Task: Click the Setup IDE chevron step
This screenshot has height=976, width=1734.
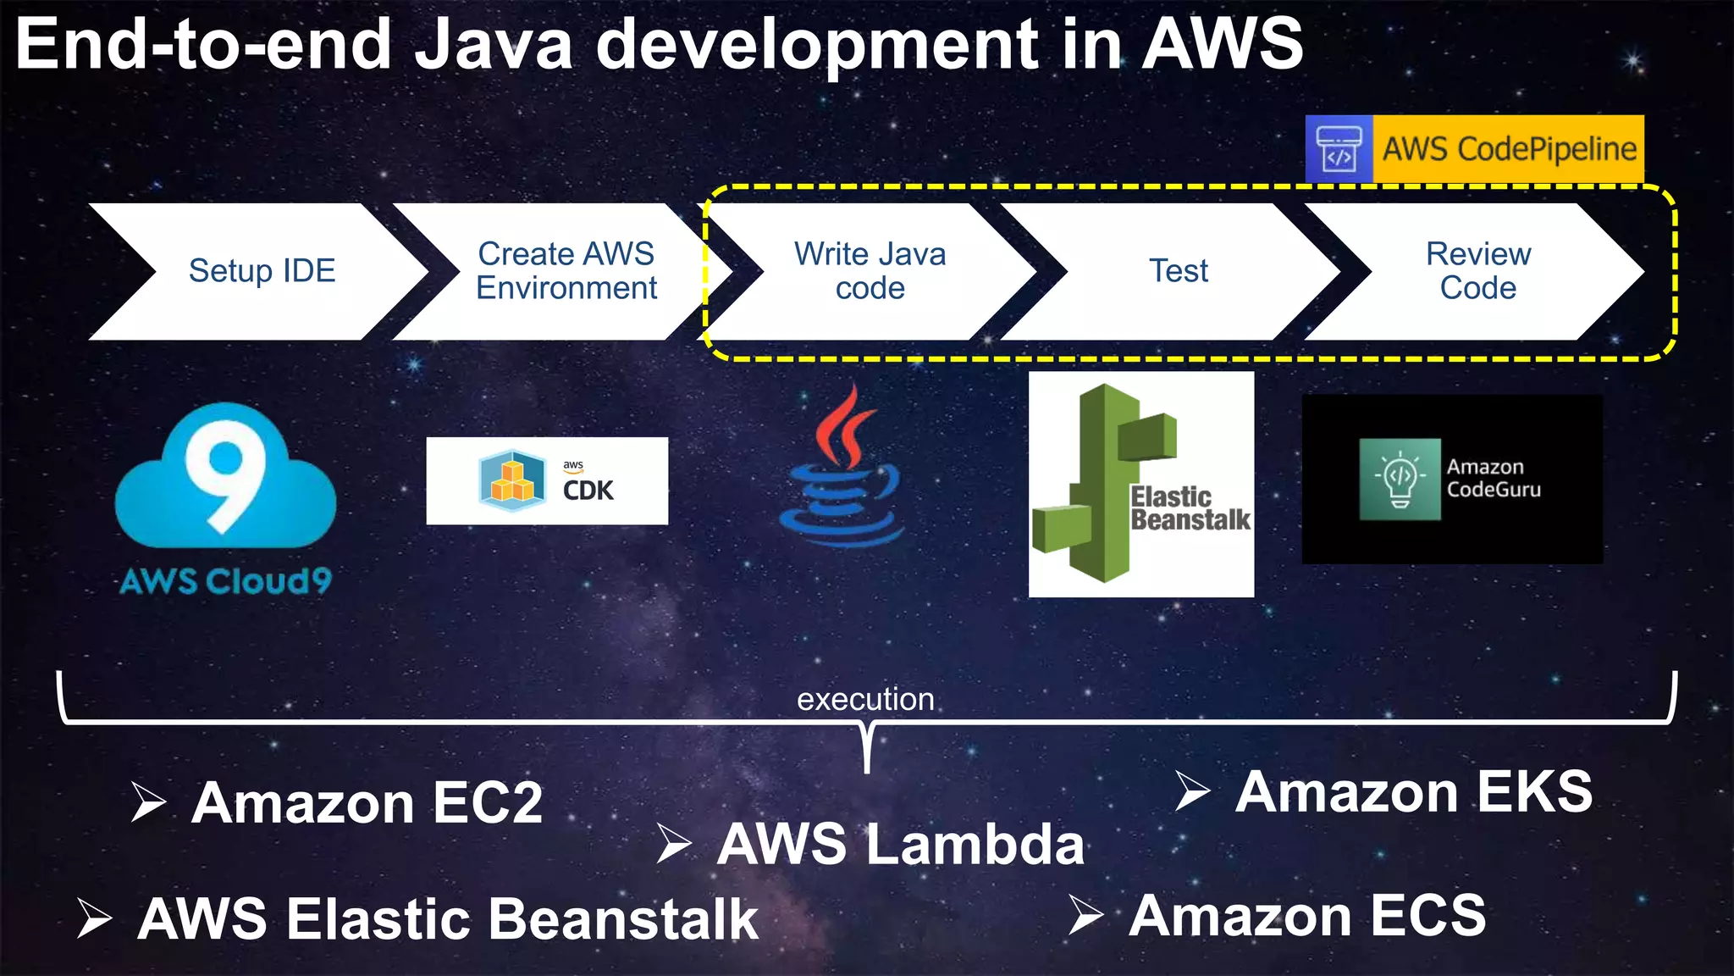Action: pos(262,271)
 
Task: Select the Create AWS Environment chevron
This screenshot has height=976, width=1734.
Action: pos(566,271)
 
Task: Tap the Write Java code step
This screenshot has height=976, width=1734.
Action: pos(870,271)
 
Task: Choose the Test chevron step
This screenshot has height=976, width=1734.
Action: pos(1178,271)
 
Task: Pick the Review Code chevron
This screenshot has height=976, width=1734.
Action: pos(1477,271)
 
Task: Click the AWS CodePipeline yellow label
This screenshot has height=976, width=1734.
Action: pos(1509,149)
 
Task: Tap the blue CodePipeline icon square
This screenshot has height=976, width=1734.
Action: pos(1339,150)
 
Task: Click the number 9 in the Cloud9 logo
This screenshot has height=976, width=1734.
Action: pos(224,474)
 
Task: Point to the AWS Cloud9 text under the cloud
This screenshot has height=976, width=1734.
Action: pos(225,581)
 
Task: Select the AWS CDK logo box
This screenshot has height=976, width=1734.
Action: pos(547,480)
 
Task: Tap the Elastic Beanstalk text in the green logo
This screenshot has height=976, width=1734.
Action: pos(1190,508)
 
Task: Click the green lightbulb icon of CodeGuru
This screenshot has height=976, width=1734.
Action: pos(1400,479)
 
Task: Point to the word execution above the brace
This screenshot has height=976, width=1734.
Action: pos(865,700)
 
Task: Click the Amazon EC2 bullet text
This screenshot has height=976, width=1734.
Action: pos(367,803)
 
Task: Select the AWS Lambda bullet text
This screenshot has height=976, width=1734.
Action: pos(900,845)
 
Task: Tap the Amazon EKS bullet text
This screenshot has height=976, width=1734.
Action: pos(1413,792)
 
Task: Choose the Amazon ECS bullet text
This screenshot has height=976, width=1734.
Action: pos(1307,916)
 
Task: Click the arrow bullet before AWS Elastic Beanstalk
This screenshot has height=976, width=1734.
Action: pos(94,919)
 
